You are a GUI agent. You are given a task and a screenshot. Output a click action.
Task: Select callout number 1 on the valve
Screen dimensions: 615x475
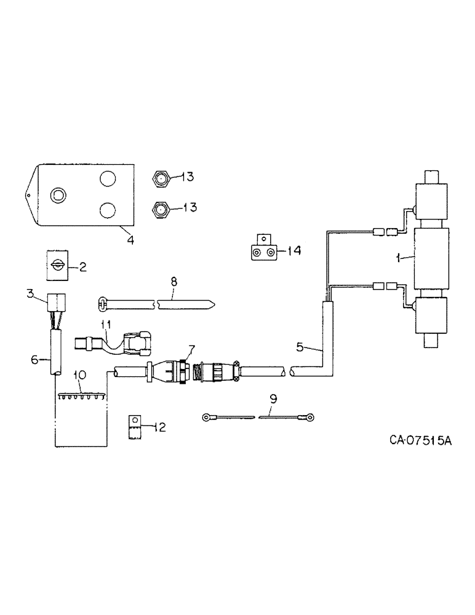[x=399, y=259]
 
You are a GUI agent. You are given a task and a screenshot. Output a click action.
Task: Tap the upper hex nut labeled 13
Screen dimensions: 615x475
[x=160, y=178]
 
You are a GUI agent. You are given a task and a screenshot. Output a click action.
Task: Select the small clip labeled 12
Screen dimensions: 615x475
[x=134, y=426]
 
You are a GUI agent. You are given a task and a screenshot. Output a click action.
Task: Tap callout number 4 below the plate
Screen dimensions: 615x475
[x=130, y=239]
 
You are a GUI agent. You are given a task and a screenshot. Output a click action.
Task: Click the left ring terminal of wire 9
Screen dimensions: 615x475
[x=207, y=418]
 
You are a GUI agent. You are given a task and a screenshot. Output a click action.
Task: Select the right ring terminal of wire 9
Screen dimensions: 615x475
[x=309, y=418]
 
